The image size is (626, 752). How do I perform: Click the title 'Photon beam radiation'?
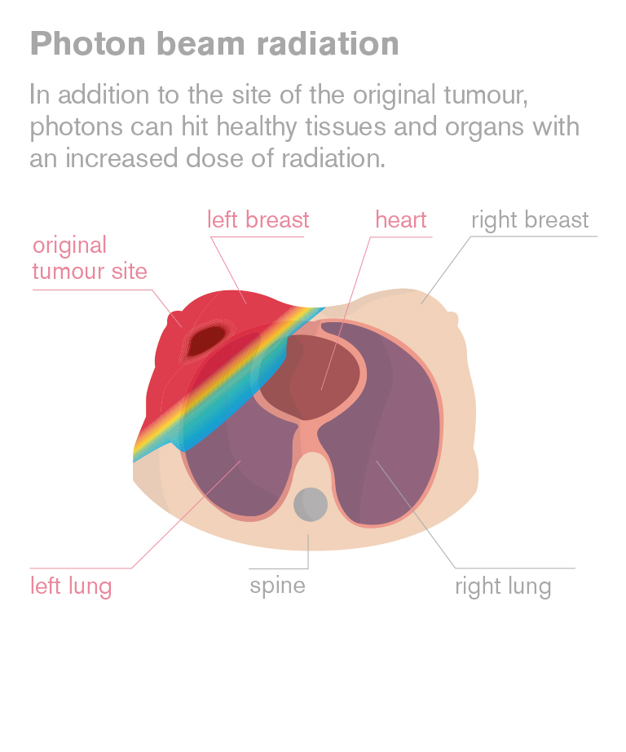pyautogui.click(x=214, y=44)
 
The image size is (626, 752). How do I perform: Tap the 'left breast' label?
pyautogui.click(x=258, y=220)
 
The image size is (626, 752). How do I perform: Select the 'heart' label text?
pyautogui.click(x=401, y=220)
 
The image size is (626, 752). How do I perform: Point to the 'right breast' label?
pyautogui.click(x=530, y=221)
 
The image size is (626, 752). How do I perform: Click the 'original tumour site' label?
pyautogui.click(x=90, y=258)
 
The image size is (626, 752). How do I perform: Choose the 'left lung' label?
pyautogui.click(x=71, y=586)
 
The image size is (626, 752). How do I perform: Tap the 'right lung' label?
pyautogui.click(x=503, y=586)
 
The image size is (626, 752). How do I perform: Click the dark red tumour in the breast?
pyautogui.click(x=206, y=340)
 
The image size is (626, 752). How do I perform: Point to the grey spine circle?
pyautogui.click(x=311, y=504)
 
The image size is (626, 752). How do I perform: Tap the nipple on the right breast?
pyautogui.click(x=452, y=319)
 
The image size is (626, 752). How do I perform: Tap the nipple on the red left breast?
pyautogui.click(x=172, y=321)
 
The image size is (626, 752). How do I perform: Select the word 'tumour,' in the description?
pyautogui.click(x=486, y=95)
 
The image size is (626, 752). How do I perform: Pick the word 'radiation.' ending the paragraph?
pyautogui.click(x=333, y=158)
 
